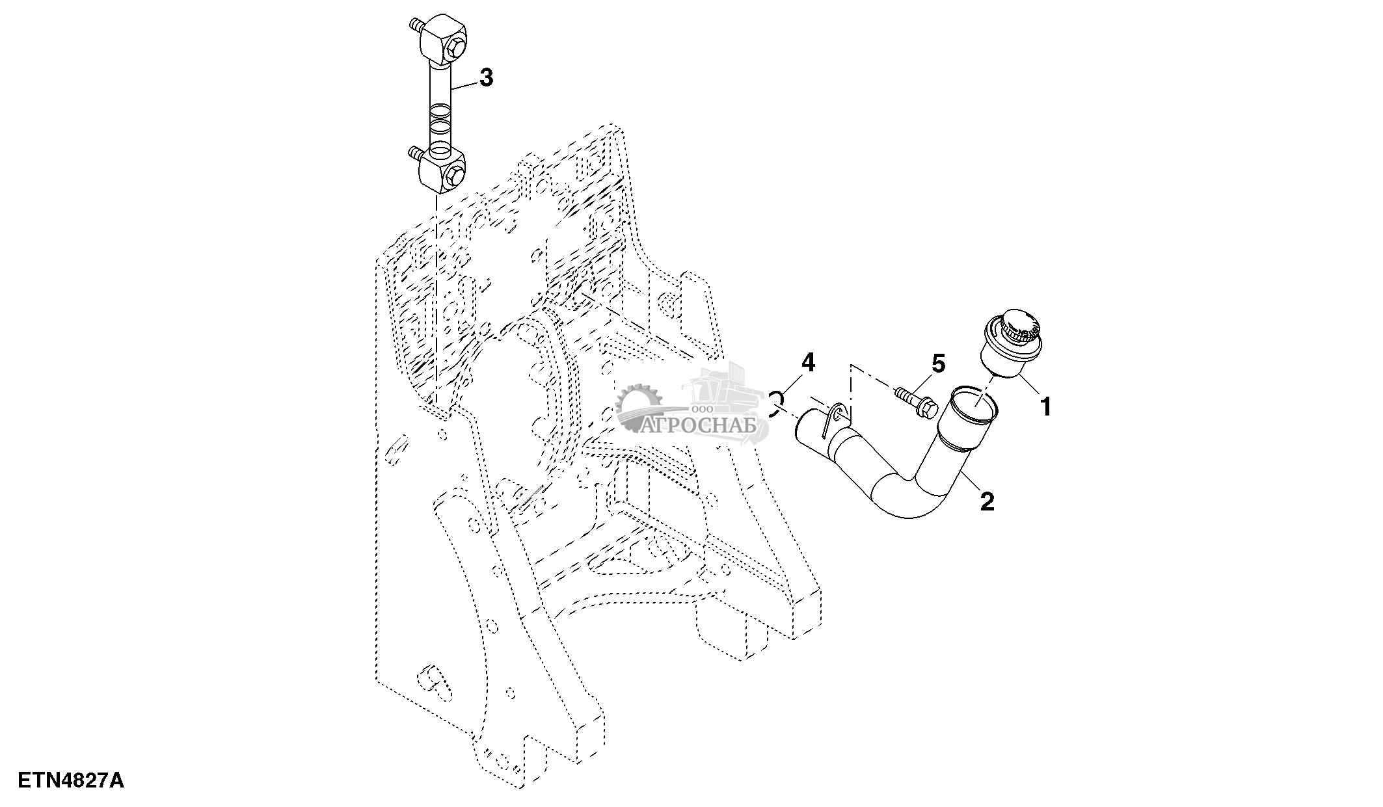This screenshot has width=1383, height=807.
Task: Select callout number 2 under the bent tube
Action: [x=987, y=501]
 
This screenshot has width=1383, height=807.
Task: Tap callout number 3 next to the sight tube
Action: [x=486, y=78]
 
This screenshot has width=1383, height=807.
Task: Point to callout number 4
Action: [x=807, y=363]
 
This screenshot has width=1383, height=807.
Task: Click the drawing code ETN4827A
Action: [x=71, y=780]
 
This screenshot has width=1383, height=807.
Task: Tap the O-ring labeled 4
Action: [x=775, y=403]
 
